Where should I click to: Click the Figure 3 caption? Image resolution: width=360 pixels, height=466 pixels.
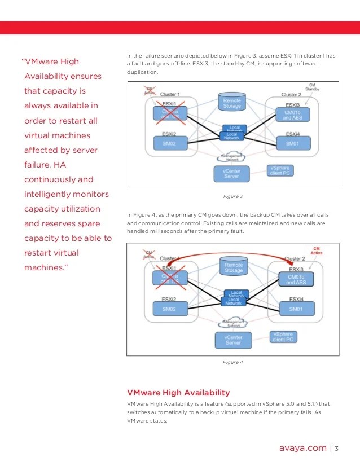point(233,196)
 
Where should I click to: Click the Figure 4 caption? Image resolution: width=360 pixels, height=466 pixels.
point(233,362)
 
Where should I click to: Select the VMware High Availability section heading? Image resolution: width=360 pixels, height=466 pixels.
point(178,392)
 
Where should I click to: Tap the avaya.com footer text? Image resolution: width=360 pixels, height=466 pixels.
point(303,448)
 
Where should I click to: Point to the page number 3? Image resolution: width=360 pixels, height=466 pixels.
point(336,449)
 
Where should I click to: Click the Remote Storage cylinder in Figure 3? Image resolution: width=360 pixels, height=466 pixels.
point(232,103)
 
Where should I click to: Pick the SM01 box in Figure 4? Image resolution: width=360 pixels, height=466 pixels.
point(296,309)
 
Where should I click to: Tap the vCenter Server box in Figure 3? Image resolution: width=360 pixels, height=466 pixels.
point(231,174)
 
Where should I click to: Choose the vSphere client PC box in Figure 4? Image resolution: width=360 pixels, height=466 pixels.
point(283,337)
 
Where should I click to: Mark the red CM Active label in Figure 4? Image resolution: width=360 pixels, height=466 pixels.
point(318,250)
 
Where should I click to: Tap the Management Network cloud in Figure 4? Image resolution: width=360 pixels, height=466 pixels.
point(232,323)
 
